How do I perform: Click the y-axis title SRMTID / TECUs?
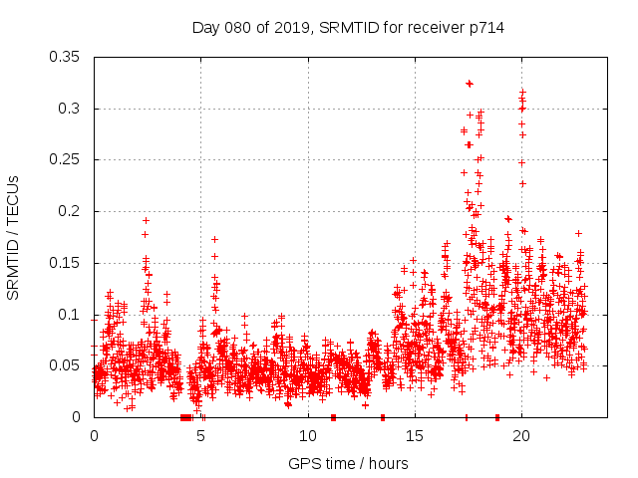13,237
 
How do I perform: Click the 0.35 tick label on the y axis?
66,57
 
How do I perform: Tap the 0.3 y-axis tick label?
70,109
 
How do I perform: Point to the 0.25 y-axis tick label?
66,159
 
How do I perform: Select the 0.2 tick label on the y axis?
70,211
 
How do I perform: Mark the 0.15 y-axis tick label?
66,263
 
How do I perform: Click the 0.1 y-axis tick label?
70,315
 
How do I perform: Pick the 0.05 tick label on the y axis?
66,365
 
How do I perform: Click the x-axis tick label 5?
201,436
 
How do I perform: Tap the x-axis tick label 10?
308,436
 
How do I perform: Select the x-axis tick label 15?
415,436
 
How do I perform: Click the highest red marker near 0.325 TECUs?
470,83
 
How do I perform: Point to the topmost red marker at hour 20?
522,92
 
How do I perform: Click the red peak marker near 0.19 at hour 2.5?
146,220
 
